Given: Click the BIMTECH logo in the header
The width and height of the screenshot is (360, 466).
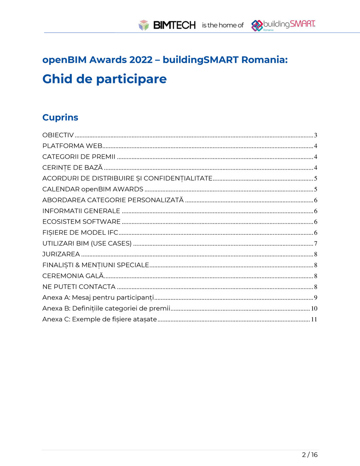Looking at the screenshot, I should (x=167, y=25).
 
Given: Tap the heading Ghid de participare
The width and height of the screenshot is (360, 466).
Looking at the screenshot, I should (x=104, y=79).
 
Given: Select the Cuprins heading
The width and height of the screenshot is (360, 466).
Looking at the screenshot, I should (x=60, y=117).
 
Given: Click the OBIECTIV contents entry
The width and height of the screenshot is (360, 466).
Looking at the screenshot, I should (x=58, y=135).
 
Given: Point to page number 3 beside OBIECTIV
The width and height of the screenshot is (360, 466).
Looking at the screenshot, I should (x=315, y=136).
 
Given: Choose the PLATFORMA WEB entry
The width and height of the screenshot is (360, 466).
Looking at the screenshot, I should (x=72, y=146).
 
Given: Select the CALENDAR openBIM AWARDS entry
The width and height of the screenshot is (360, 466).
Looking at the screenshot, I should (x=92, y=189).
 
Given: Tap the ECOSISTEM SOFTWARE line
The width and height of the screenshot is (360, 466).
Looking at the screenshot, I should (x=81, y=222).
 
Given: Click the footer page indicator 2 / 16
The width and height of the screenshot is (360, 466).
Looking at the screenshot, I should (x=309, y=455).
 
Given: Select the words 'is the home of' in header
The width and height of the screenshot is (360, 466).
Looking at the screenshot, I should (x=223, y=25).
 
